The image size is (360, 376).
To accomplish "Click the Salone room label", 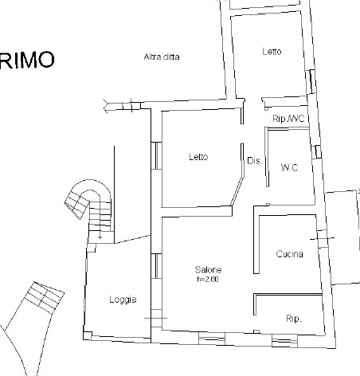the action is coord(208,270).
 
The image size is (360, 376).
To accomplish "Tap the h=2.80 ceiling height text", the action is coord(208,279).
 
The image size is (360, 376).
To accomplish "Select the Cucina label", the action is coord(289,254).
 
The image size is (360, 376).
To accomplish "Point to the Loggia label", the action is coord(123,300).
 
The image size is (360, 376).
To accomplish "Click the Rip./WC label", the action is coord(288,119).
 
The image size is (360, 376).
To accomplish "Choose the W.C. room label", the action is coord(290,168).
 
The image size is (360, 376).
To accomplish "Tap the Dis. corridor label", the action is coord(255,161).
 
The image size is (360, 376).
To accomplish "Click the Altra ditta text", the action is coord(162,57).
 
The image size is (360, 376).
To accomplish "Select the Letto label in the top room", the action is coord(272,51).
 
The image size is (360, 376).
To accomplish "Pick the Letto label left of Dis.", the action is coord(198,157).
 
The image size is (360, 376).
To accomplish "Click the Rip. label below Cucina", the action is coord(294,319).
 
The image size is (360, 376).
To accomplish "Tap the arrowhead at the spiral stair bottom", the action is coord(100,237).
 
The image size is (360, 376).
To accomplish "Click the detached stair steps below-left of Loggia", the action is coord(45,298).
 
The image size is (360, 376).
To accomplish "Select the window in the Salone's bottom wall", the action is coord(212,339).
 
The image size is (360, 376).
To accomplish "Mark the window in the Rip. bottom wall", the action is coord(284,341).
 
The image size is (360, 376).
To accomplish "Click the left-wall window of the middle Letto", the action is coord(156,155).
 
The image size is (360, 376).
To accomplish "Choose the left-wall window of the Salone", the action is coord(156,266).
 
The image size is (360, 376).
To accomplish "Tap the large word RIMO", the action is coord(27,61).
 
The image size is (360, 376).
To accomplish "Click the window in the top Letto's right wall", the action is coord(311,81).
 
